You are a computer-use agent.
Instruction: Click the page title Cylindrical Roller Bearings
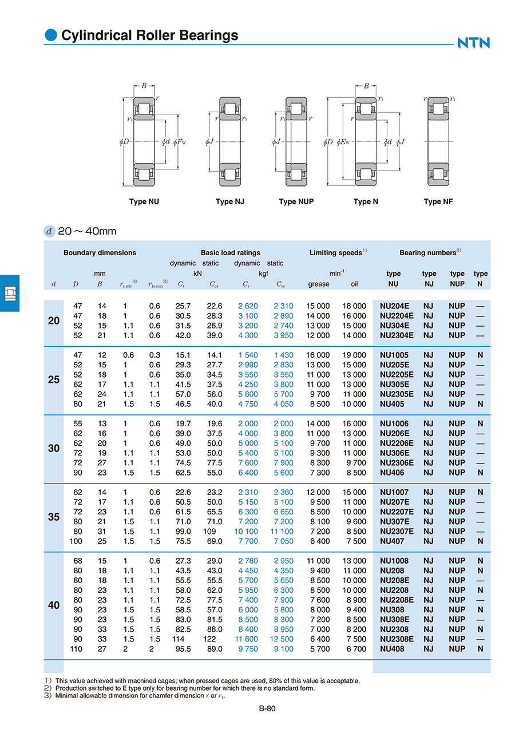(149, 35)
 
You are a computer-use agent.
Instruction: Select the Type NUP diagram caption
(296, 201)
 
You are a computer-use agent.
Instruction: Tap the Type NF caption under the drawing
(438, 201)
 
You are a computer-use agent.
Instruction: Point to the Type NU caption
(144, 201)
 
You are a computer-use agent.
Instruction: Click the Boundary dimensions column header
(100, 252)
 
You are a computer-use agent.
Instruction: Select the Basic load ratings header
(230, 252)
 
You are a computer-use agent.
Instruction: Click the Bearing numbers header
(430, 252)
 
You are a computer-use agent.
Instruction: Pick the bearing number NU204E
(395, 306)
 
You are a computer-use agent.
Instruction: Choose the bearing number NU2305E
(397, 394)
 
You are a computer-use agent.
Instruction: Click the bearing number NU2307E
(397, 531)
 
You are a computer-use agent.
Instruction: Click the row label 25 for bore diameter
(54, 379)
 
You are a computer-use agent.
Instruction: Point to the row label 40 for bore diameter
(54, 605)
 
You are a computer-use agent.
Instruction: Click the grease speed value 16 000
(318, 355)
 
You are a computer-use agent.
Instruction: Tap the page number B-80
(267, 708)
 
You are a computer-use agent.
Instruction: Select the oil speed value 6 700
(354, 649)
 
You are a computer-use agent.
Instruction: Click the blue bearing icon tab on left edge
(10, 293)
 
